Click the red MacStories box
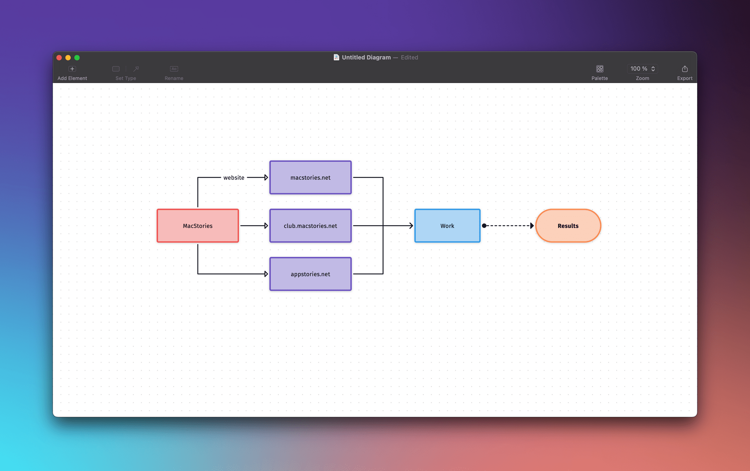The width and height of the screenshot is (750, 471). pos(198,226)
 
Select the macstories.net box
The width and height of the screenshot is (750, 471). pos(311,177)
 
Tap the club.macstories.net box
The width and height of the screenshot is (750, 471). pos(311,226)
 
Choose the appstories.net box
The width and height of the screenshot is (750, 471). pos(311,274)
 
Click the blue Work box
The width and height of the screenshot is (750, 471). pos(447,226)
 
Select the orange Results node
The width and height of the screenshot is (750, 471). pos(568,226)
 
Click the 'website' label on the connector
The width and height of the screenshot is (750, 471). pos(234,178)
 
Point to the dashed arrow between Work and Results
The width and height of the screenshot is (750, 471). pos(508,226)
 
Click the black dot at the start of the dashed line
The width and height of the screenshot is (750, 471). pos(484,226)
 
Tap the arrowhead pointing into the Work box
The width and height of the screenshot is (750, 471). pos(411,226)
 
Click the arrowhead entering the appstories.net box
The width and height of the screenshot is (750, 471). pos(266,274)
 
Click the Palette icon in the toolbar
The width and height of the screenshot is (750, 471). pos(599,69)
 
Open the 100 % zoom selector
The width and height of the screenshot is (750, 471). pos(642,69)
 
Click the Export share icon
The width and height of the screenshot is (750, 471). pos(684,69)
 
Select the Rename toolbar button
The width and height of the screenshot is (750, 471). pos(174,72)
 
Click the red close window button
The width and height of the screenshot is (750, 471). pos(59,57)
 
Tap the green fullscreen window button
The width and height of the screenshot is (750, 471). pos(77,57)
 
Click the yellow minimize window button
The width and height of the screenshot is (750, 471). pos(68,57)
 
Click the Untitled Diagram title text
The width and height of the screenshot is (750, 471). pos(366,57)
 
